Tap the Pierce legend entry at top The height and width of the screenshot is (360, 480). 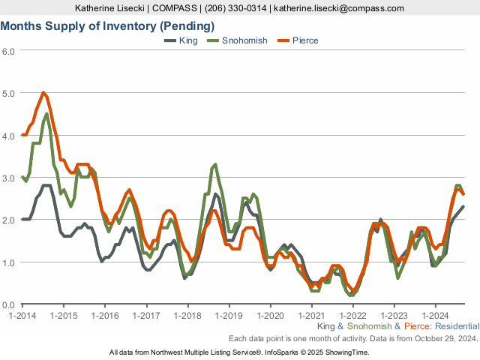click(x=304, y=40)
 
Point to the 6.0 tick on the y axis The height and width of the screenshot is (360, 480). click(x=8, y=51)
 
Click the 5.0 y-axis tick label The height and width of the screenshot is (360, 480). click(x=8, y=94)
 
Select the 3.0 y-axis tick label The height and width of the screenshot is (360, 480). click(x=8, y=178)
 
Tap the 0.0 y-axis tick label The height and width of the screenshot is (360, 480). click(x=8, y=304)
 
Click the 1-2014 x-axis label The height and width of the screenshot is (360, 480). click(x=22, y=316)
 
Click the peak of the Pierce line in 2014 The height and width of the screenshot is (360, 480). click(x=43, y=92)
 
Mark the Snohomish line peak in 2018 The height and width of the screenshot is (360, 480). click(x=215, y=164)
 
